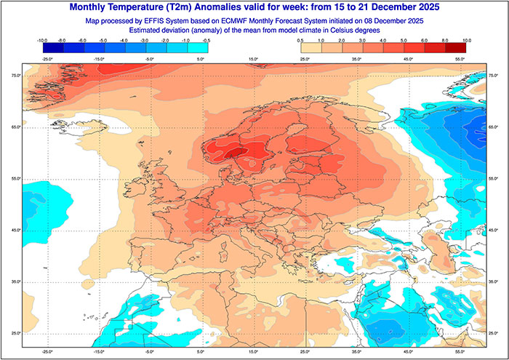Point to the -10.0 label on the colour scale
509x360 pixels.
[x=42, y=41]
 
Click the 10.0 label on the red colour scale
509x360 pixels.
[x=466, y=41]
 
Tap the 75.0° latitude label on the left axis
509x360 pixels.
[x=15, y=76]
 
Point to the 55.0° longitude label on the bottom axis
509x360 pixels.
[x=460, y=351]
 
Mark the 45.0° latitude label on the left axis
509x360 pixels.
[x=15, y=231]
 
